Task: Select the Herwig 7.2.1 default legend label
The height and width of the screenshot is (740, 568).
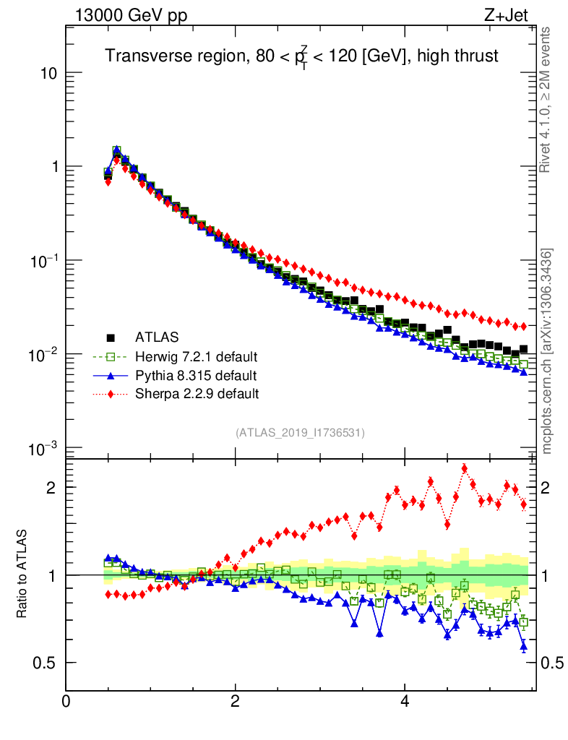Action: pos(196,356)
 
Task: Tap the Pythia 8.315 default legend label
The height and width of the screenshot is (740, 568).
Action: pos(195,375)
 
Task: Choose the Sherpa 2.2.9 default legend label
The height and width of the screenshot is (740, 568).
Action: pos(197,394)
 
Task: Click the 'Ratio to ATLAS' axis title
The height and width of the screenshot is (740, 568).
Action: pos(23,574)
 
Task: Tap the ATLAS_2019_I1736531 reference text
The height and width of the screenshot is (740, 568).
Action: pos(299,433)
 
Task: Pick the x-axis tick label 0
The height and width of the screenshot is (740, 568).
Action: pos(66,702)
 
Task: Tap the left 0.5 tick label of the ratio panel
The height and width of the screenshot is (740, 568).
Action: pos(45,663)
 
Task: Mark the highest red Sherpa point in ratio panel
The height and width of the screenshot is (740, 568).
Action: pos(465,468)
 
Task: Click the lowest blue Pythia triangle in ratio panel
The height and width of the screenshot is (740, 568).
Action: pos(524,647)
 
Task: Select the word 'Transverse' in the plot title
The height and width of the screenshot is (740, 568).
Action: pos(142,56)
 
